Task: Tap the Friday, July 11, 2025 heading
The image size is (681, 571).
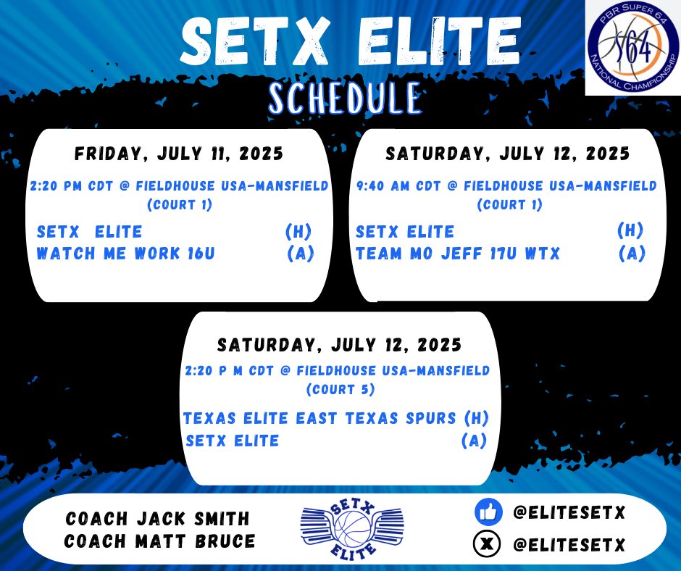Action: (x=179, y=155)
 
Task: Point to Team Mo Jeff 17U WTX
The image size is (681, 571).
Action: (x=458, y=254)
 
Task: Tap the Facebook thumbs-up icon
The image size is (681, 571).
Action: (x=488, y=513)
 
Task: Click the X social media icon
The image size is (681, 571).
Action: (x=488, y=544)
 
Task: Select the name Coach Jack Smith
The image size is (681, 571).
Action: (x=157, y=519)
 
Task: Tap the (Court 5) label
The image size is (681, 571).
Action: (x=340, y=390)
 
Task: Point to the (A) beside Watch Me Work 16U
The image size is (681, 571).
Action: (x=300, y=254)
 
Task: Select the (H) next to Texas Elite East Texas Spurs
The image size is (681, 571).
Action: (x=475, y=419)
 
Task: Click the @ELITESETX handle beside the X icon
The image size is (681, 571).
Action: (x=569, y=544)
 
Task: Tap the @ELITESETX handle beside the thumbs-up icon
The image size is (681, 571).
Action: (x=569, y=514)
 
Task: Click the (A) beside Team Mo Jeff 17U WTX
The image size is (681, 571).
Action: (x=632, y=254)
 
